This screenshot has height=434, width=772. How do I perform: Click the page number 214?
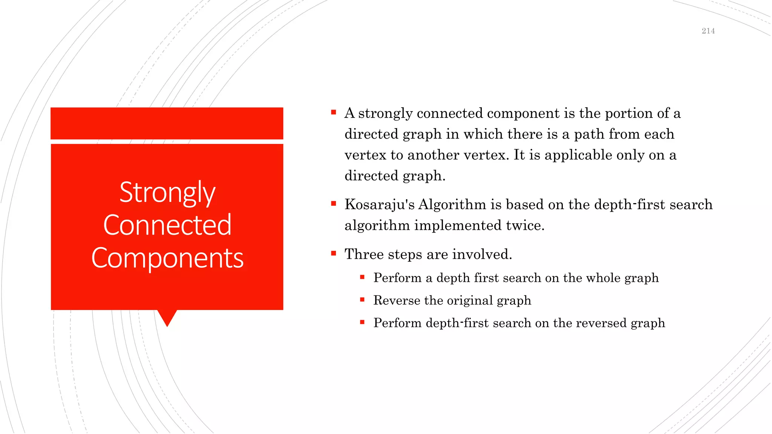[x=708, y=31]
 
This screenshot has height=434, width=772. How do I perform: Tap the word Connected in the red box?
[x=167, y=225]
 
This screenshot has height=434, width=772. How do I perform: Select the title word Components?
[x=167, y=258]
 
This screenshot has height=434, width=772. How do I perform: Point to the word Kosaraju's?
[x=379, y=205]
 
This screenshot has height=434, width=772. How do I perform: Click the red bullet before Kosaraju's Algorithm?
[x=333, y=204]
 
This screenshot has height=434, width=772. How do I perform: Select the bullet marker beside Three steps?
[x=333, y=254]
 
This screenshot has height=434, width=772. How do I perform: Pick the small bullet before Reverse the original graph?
[x=362, y=300]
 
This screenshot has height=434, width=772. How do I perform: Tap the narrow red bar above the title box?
[x=167, y=123]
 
